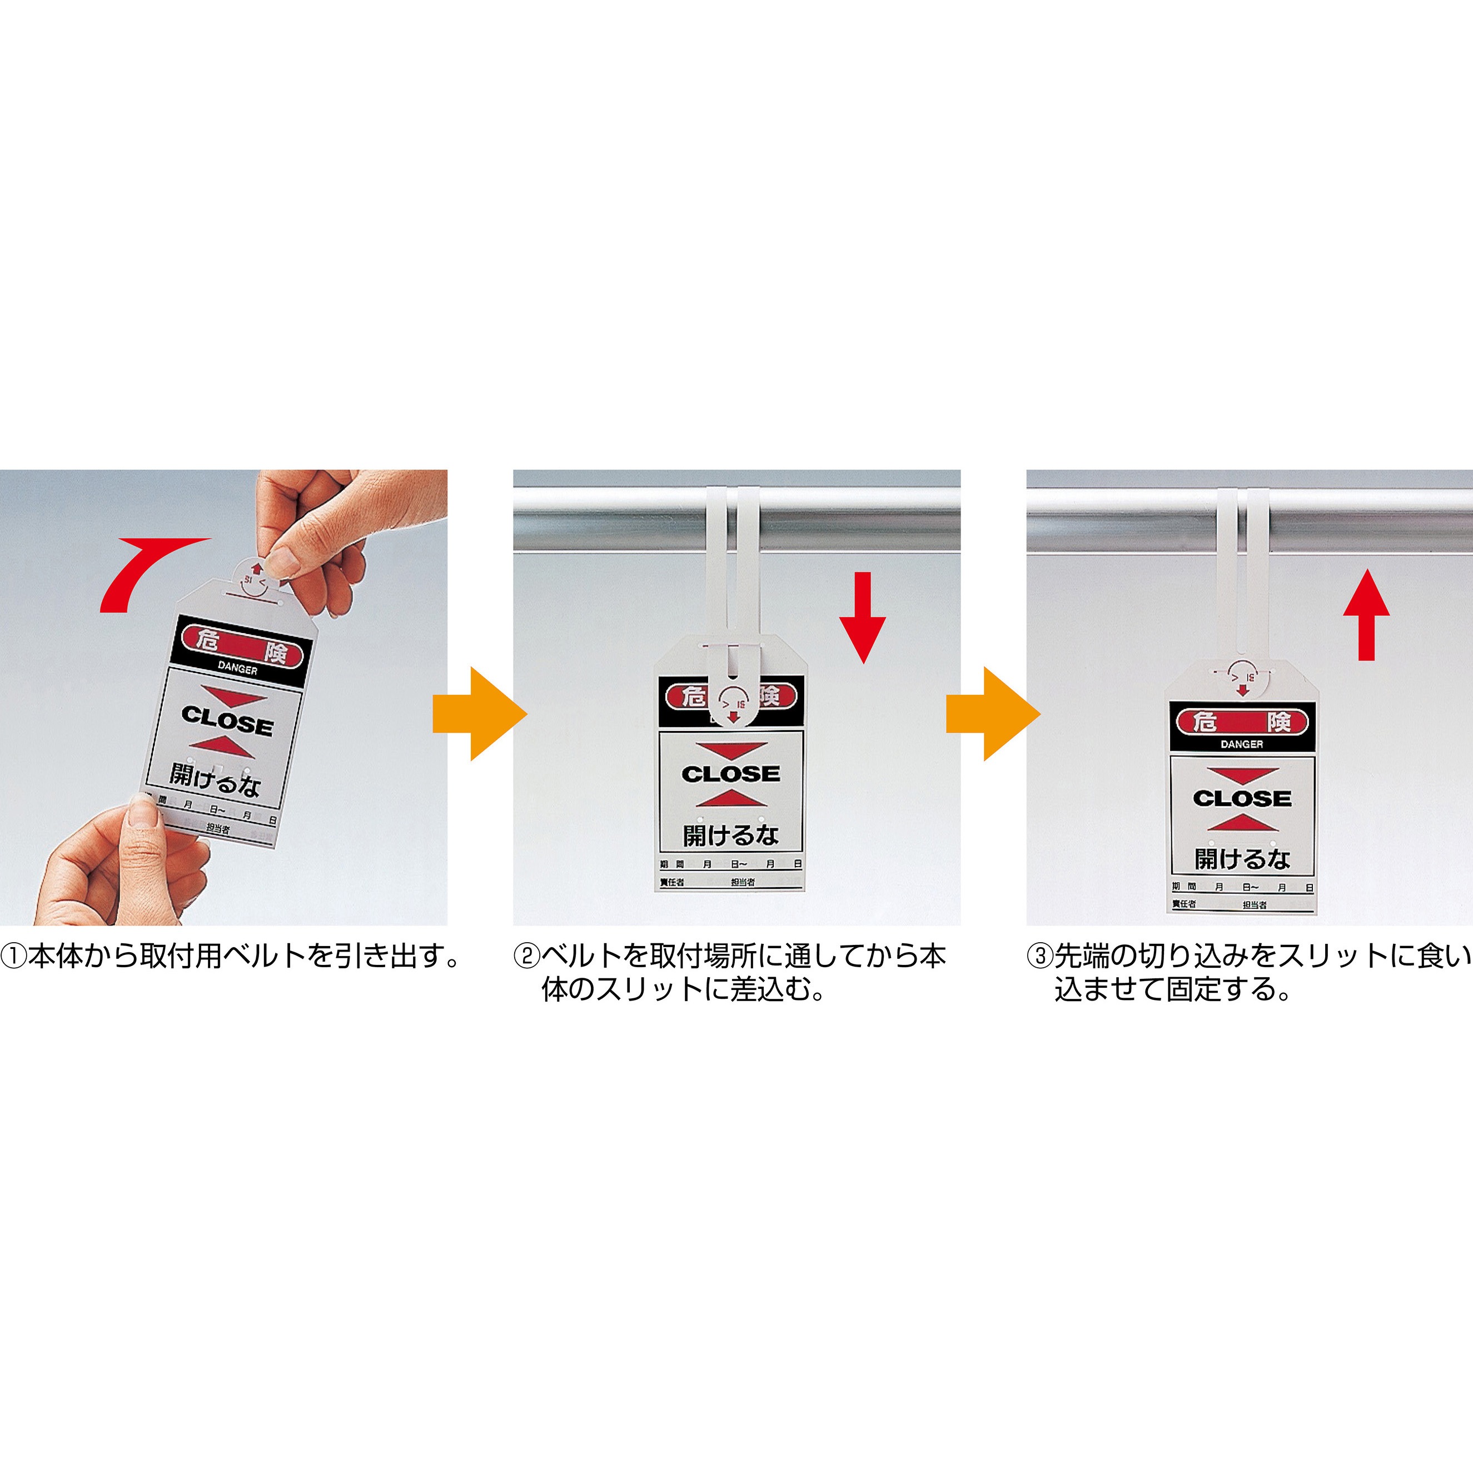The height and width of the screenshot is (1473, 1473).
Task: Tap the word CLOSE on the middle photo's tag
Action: point(730,774)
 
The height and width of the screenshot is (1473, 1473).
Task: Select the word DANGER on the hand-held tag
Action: point(237,669)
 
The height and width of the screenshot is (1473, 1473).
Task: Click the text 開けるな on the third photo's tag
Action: point(1242,859)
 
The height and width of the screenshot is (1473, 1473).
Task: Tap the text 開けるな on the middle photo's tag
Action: point(730,835)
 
